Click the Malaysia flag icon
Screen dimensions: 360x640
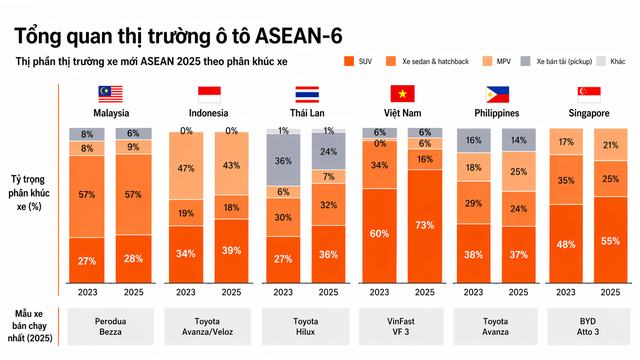pyautogui.click(x=109, y=95)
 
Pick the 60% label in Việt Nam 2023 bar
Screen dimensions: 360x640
pyautogui.click(x=380, y=234)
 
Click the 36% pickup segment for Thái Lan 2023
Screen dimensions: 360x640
pyautogui.click(x=283, y=160)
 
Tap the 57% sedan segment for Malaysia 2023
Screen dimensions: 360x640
pyautogui.click(x=87, y=194)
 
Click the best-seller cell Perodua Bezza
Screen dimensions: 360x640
pyautogui.click(x=109, y=323)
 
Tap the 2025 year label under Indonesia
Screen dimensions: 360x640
pyautogui.click(x=231, y=293)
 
